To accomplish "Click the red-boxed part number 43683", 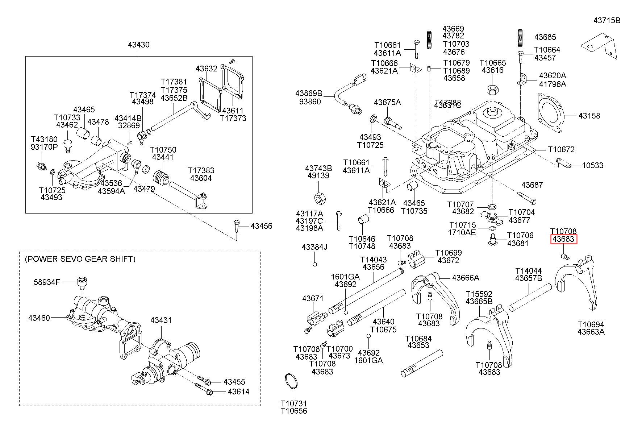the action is coord(563,239).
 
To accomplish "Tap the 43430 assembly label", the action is coord(138,45).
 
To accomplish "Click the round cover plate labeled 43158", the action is coord(551,112).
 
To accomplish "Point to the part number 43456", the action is coord(261,226).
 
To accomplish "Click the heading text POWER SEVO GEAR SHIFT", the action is coord(80,259).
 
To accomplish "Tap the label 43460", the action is coord(39,318).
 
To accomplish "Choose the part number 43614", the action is coord(239,392).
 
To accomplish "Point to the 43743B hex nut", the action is coord(319,199).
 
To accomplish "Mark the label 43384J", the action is coord(314,247).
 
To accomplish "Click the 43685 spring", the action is coord(520,37).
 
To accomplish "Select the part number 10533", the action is coord(593,165).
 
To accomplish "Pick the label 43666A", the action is coord(466,278).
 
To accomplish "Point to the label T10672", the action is coord(561,149).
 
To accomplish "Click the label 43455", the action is coord(234,382).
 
